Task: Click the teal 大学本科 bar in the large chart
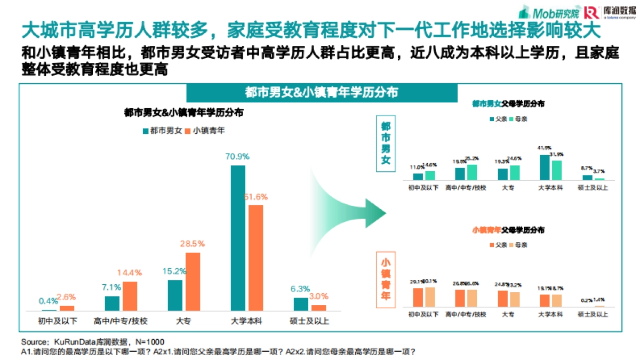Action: click(238, 238)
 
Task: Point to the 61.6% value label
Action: click(256, 196)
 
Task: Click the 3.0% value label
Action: click(318, 296)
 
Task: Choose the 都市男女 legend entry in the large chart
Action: click(162, 130)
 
